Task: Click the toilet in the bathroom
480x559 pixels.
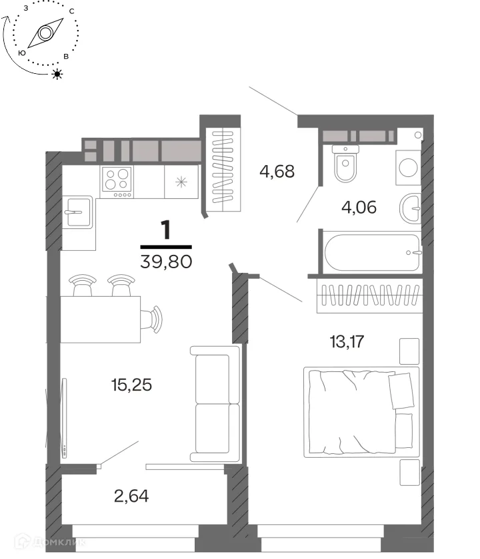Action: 345,163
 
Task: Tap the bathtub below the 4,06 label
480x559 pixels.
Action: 372,252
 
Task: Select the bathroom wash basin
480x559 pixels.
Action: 410,208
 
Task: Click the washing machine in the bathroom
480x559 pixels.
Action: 408,168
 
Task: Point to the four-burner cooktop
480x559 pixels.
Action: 117,182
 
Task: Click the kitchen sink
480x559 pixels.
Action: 78,212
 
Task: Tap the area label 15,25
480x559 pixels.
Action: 131,385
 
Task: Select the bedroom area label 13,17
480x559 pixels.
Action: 347,341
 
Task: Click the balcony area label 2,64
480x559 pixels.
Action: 131,496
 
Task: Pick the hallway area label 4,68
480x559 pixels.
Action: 277,172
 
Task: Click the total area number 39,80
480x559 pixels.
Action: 167,262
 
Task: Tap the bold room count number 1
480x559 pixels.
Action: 166,230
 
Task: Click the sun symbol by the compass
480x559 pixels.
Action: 57,74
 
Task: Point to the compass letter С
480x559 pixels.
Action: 72,11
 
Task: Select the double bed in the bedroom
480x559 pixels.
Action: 361,413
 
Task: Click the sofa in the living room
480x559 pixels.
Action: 215,404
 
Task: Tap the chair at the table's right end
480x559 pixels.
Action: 151,319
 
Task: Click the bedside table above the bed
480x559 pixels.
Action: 409,351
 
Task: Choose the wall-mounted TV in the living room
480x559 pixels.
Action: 64,418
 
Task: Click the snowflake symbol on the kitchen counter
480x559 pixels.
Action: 181,182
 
